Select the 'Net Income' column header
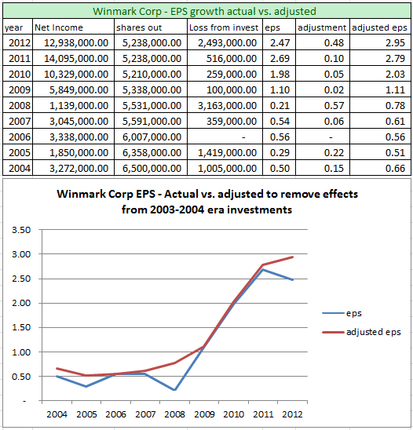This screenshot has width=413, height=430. pyautogui.click(x=59, y=27)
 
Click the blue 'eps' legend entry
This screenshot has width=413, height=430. pyautogui.click(x=353, y=312)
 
